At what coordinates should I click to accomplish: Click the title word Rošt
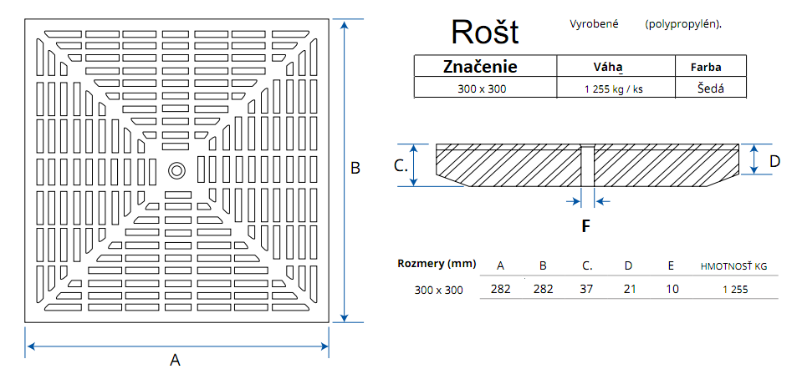485,32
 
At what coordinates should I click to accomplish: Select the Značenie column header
479,67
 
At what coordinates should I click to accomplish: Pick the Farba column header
706,68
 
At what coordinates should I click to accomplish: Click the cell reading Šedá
709,88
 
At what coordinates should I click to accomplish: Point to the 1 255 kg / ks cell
613,88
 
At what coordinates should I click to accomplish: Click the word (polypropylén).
682,24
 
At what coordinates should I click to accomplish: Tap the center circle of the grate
177,169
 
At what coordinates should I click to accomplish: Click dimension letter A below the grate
175,360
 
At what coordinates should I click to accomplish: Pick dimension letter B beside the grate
355,169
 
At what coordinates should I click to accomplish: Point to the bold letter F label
586,225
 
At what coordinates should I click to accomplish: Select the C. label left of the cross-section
401,165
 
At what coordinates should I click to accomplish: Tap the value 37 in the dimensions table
587,289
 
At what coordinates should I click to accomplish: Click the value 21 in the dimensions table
628,289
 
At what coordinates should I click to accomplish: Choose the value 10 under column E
672,289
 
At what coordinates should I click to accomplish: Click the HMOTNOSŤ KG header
733,266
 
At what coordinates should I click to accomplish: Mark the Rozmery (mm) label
437,265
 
